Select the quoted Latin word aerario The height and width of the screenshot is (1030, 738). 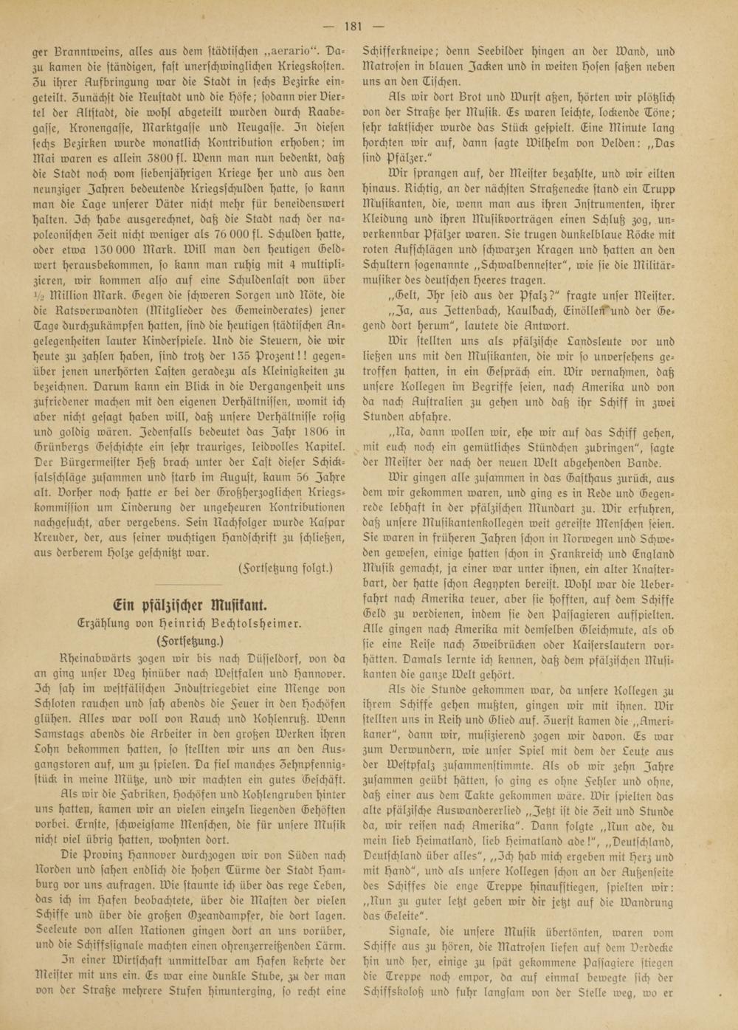pos(286,52)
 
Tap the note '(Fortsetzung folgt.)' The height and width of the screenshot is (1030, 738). pos(286,568)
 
